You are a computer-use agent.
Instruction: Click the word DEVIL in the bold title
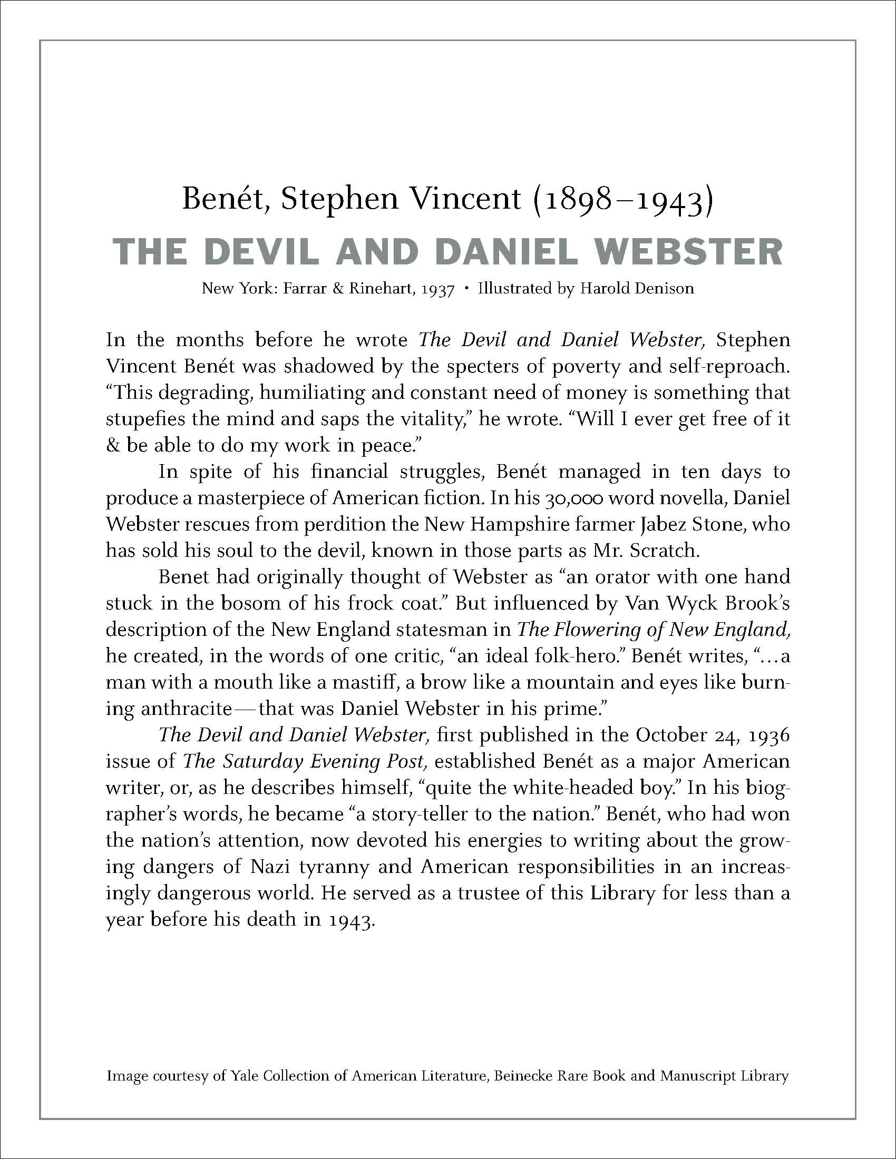pyautogui.click(x=262, y=251)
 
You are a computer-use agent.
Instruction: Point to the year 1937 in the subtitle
pyautogui.click(x=437, y=290)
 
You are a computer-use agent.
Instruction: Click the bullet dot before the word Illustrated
pyautogui.click(x=466, y=289)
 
